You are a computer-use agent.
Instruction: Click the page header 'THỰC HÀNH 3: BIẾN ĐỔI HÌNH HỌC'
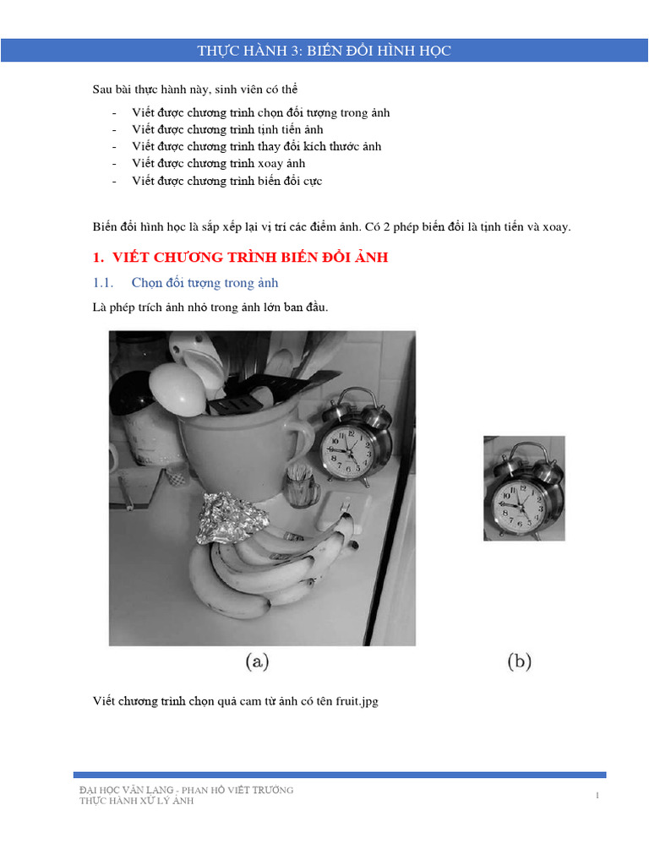click(324, 51)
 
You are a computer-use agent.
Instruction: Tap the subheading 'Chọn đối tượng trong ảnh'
click(205, 282)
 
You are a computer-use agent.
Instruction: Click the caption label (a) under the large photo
click(257, 662)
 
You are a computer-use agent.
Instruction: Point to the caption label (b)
click(520, 662)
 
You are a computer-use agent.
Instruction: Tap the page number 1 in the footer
click(597, 795)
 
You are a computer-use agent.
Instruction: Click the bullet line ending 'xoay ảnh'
click(218, 163)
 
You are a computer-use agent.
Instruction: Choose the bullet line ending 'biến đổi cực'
click(226, 180)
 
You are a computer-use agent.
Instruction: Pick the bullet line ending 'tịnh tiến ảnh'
click(227, 129)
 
